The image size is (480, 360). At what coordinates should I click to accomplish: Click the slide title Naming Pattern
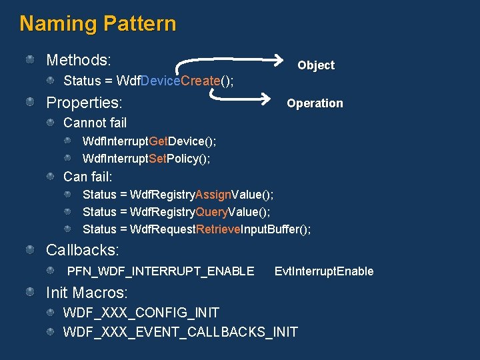click(98, 24)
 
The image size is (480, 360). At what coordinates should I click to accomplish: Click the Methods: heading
click(78, 60)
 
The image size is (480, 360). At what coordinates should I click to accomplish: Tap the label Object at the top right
click(315, 65)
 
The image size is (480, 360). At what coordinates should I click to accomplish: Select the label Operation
click(315, 103)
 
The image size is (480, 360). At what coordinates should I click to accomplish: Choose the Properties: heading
click(84, 103)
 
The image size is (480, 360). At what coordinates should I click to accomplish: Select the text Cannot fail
click(95, 123)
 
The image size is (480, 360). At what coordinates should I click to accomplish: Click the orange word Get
click(159, 141)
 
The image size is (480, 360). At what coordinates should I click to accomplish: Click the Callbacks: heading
click(83, 251)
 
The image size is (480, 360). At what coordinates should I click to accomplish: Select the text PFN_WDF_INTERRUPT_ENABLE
click(161, 271)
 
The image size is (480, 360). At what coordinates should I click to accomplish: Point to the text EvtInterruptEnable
click(324, 271)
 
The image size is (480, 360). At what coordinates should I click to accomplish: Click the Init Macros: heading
click(87, 293)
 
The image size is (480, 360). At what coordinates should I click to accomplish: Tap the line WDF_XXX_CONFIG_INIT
click(141, 313)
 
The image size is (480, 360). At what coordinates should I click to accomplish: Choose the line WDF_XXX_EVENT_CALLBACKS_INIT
click(180, 331)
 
